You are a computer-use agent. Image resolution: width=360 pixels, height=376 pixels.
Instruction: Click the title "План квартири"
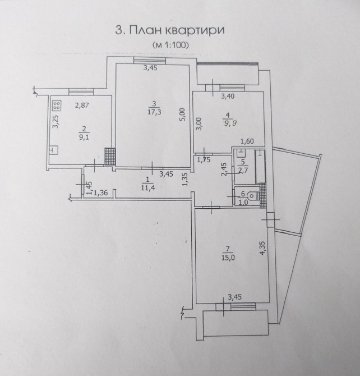point(177,31)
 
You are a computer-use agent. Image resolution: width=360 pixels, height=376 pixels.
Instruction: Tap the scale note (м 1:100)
point(170,45)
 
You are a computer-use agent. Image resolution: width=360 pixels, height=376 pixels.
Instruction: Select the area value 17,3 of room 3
point(154,112)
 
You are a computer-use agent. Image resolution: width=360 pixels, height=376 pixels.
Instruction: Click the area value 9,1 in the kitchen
point(84,137)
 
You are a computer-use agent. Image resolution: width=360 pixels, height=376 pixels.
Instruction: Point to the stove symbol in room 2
point(57,106)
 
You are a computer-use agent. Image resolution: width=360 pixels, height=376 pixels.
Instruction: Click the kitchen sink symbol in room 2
point(54,150)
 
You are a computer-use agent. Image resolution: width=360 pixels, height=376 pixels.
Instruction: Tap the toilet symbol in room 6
point(253,196)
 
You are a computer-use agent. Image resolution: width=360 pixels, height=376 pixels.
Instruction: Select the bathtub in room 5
point(260,167)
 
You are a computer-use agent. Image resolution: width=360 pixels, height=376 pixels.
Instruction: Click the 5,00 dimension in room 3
point(182,115)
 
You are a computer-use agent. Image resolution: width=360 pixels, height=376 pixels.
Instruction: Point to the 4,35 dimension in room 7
point(262,248)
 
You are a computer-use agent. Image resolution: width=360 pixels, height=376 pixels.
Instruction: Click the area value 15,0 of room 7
point(228,258)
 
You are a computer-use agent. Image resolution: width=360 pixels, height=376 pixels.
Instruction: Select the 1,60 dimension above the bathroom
point(247,141)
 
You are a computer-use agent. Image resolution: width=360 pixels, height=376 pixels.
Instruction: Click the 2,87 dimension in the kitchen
point(82,105)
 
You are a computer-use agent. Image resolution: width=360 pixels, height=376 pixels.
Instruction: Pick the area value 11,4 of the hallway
point(148,187)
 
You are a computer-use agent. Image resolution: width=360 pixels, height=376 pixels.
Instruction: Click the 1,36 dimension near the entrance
point(100,192)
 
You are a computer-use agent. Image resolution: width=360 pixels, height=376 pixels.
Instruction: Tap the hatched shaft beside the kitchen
point(110,157)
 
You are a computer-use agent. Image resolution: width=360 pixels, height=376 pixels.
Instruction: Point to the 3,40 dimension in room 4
point(228,97)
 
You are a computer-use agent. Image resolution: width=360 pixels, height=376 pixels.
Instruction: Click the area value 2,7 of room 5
point(243,170)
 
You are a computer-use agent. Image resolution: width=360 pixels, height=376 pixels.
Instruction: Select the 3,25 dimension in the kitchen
point(56,122)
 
